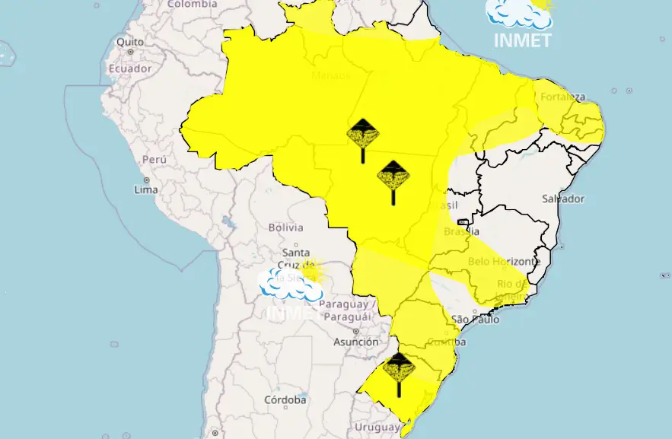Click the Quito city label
coord(129,42)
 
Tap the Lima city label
coord(145,189)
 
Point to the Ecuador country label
coord(130,68)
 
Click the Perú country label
coord(154,160)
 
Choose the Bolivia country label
coord(285,227)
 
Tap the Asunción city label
coord(355,342)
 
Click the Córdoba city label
coord(285,399)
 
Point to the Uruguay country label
coord(377,428)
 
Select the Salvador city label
coord(563,199)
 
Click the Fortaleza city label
coord(562,97)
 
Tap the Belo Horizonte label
coord(504,261)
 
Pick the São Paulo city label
coord(476,320)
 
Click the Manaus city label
coord(330,75)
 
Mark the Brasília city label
coord(461,231)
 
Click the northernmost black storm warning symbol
coord(362,137)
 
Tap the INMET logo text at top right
coord(521,40)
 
